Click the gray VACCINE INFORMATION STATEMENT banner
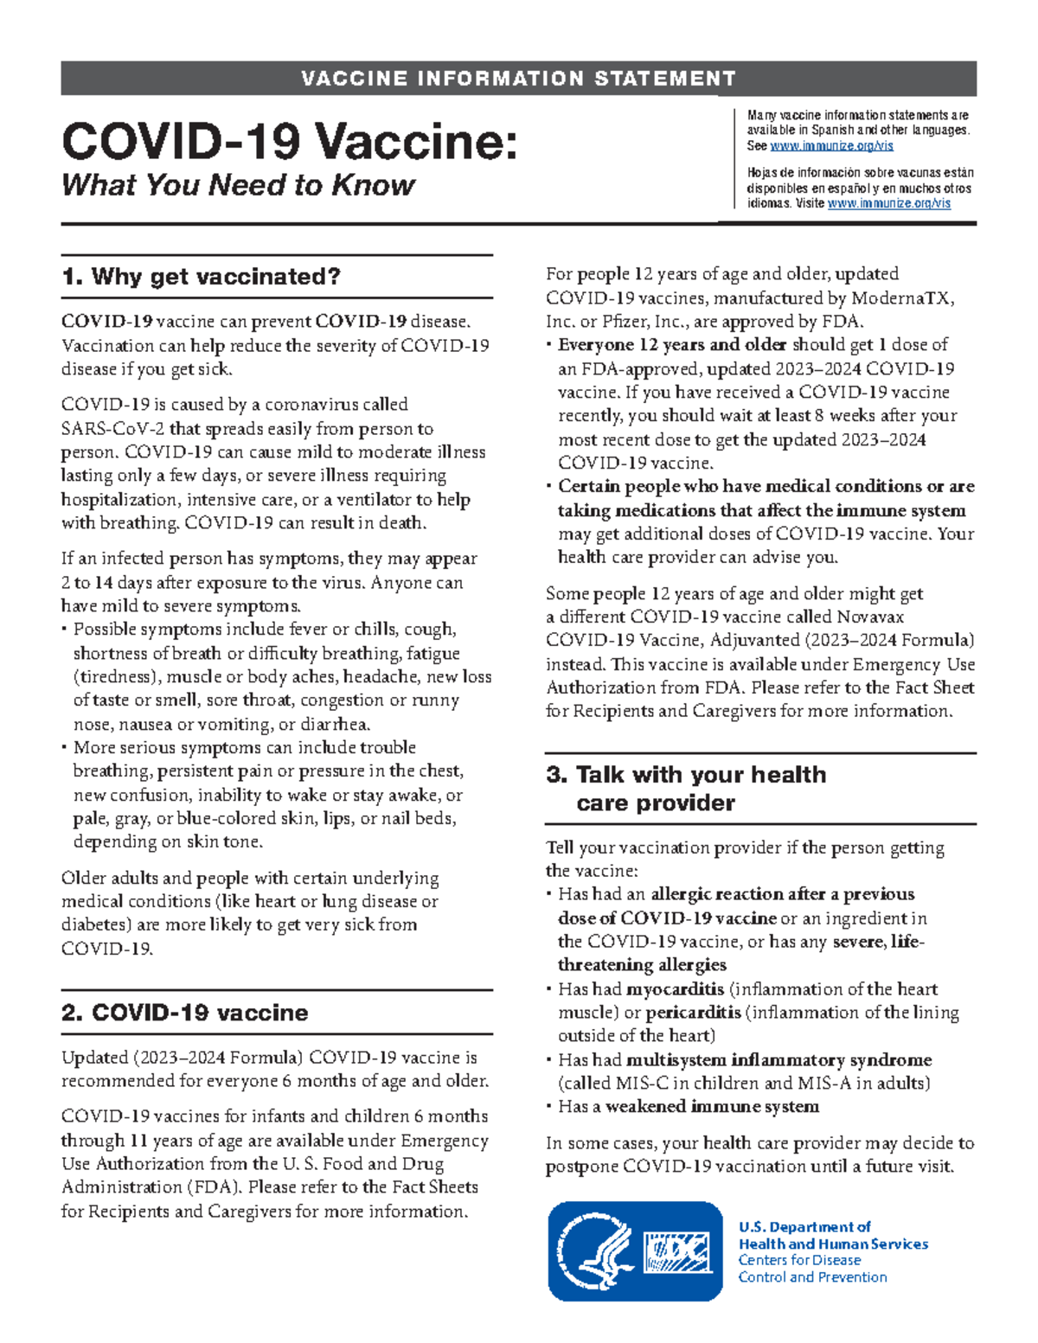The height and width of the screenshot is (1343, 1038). point(518,79)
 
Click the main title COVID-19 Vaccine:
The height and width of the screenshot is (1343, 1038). point(290,140)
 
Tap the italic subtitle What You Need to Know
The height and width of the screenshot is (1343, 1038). point(238,185)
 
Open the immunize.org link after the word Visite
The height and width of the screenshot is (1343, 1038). point(888,203)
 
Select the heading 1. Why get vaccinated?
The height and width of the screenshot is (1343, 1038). point(201,277)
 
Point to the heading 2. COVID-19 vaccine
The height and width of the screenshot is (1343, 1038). point(185,1013)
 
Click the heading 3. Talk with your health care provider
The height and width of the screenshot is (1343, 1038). point(686,788)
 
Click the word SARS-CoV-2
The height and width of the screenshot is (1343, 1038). point(113,429)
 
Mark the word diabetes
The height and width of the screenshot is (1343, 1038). point(95,924)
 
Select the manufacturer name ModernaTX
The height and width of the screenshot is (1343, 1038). point(903,298)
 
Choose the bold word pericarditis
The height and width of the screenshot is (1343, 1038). point(693,1013)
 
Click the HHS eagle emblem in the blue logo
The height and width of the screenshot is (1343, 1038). point(596,1250)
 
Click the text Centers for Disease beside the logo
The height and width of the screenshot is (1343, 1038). point(799,1260)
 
